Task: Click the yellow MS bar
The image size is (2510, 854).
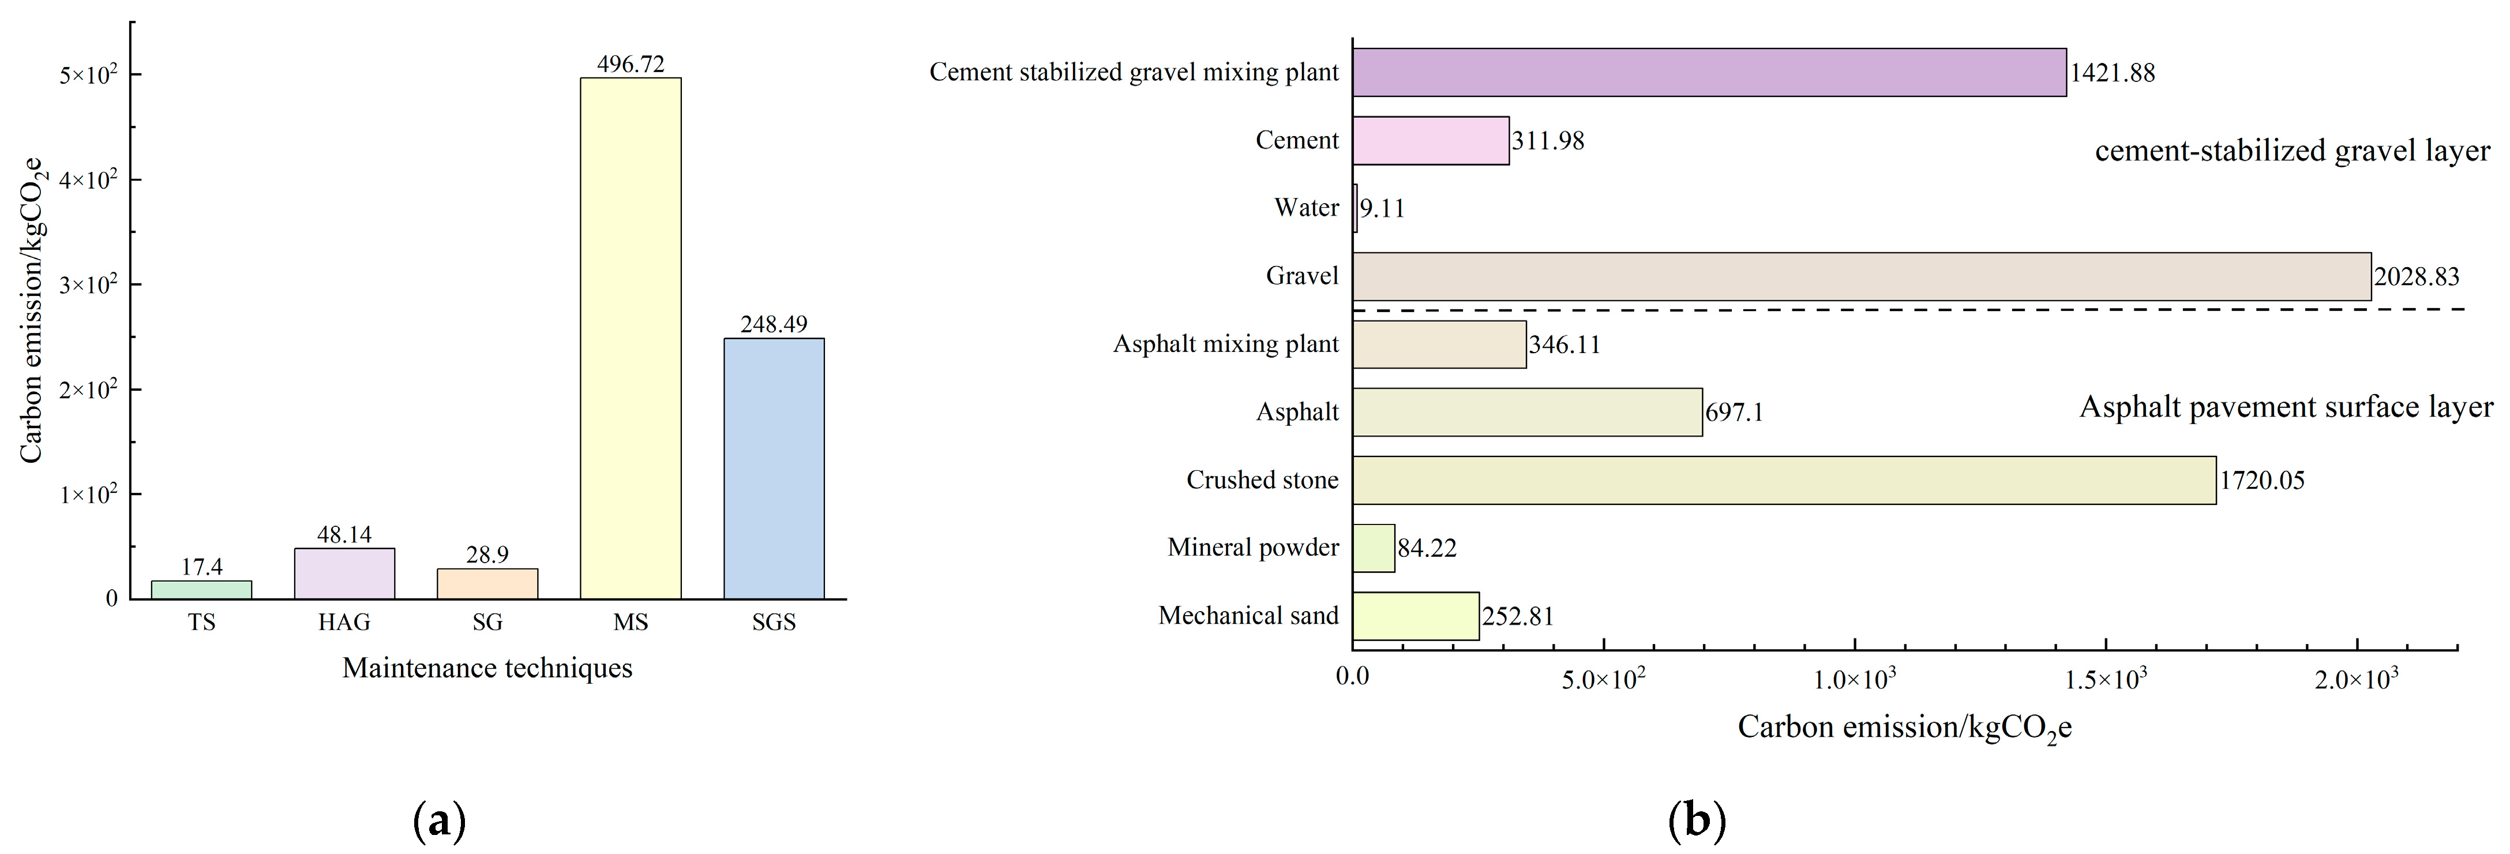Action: point(631,338)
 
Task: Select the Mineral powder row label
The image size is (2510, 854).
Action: point(1253,548)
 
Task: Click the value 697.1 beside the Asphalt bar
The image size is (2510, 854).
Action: point(1735,413)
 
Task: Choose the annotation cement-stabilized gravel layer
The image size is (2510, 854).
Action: point(2293,151)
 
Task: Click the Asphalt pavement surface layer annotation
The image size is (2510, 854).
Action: point(2286,407)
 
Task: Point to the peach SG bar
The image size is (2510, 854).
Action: point(487,583)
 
